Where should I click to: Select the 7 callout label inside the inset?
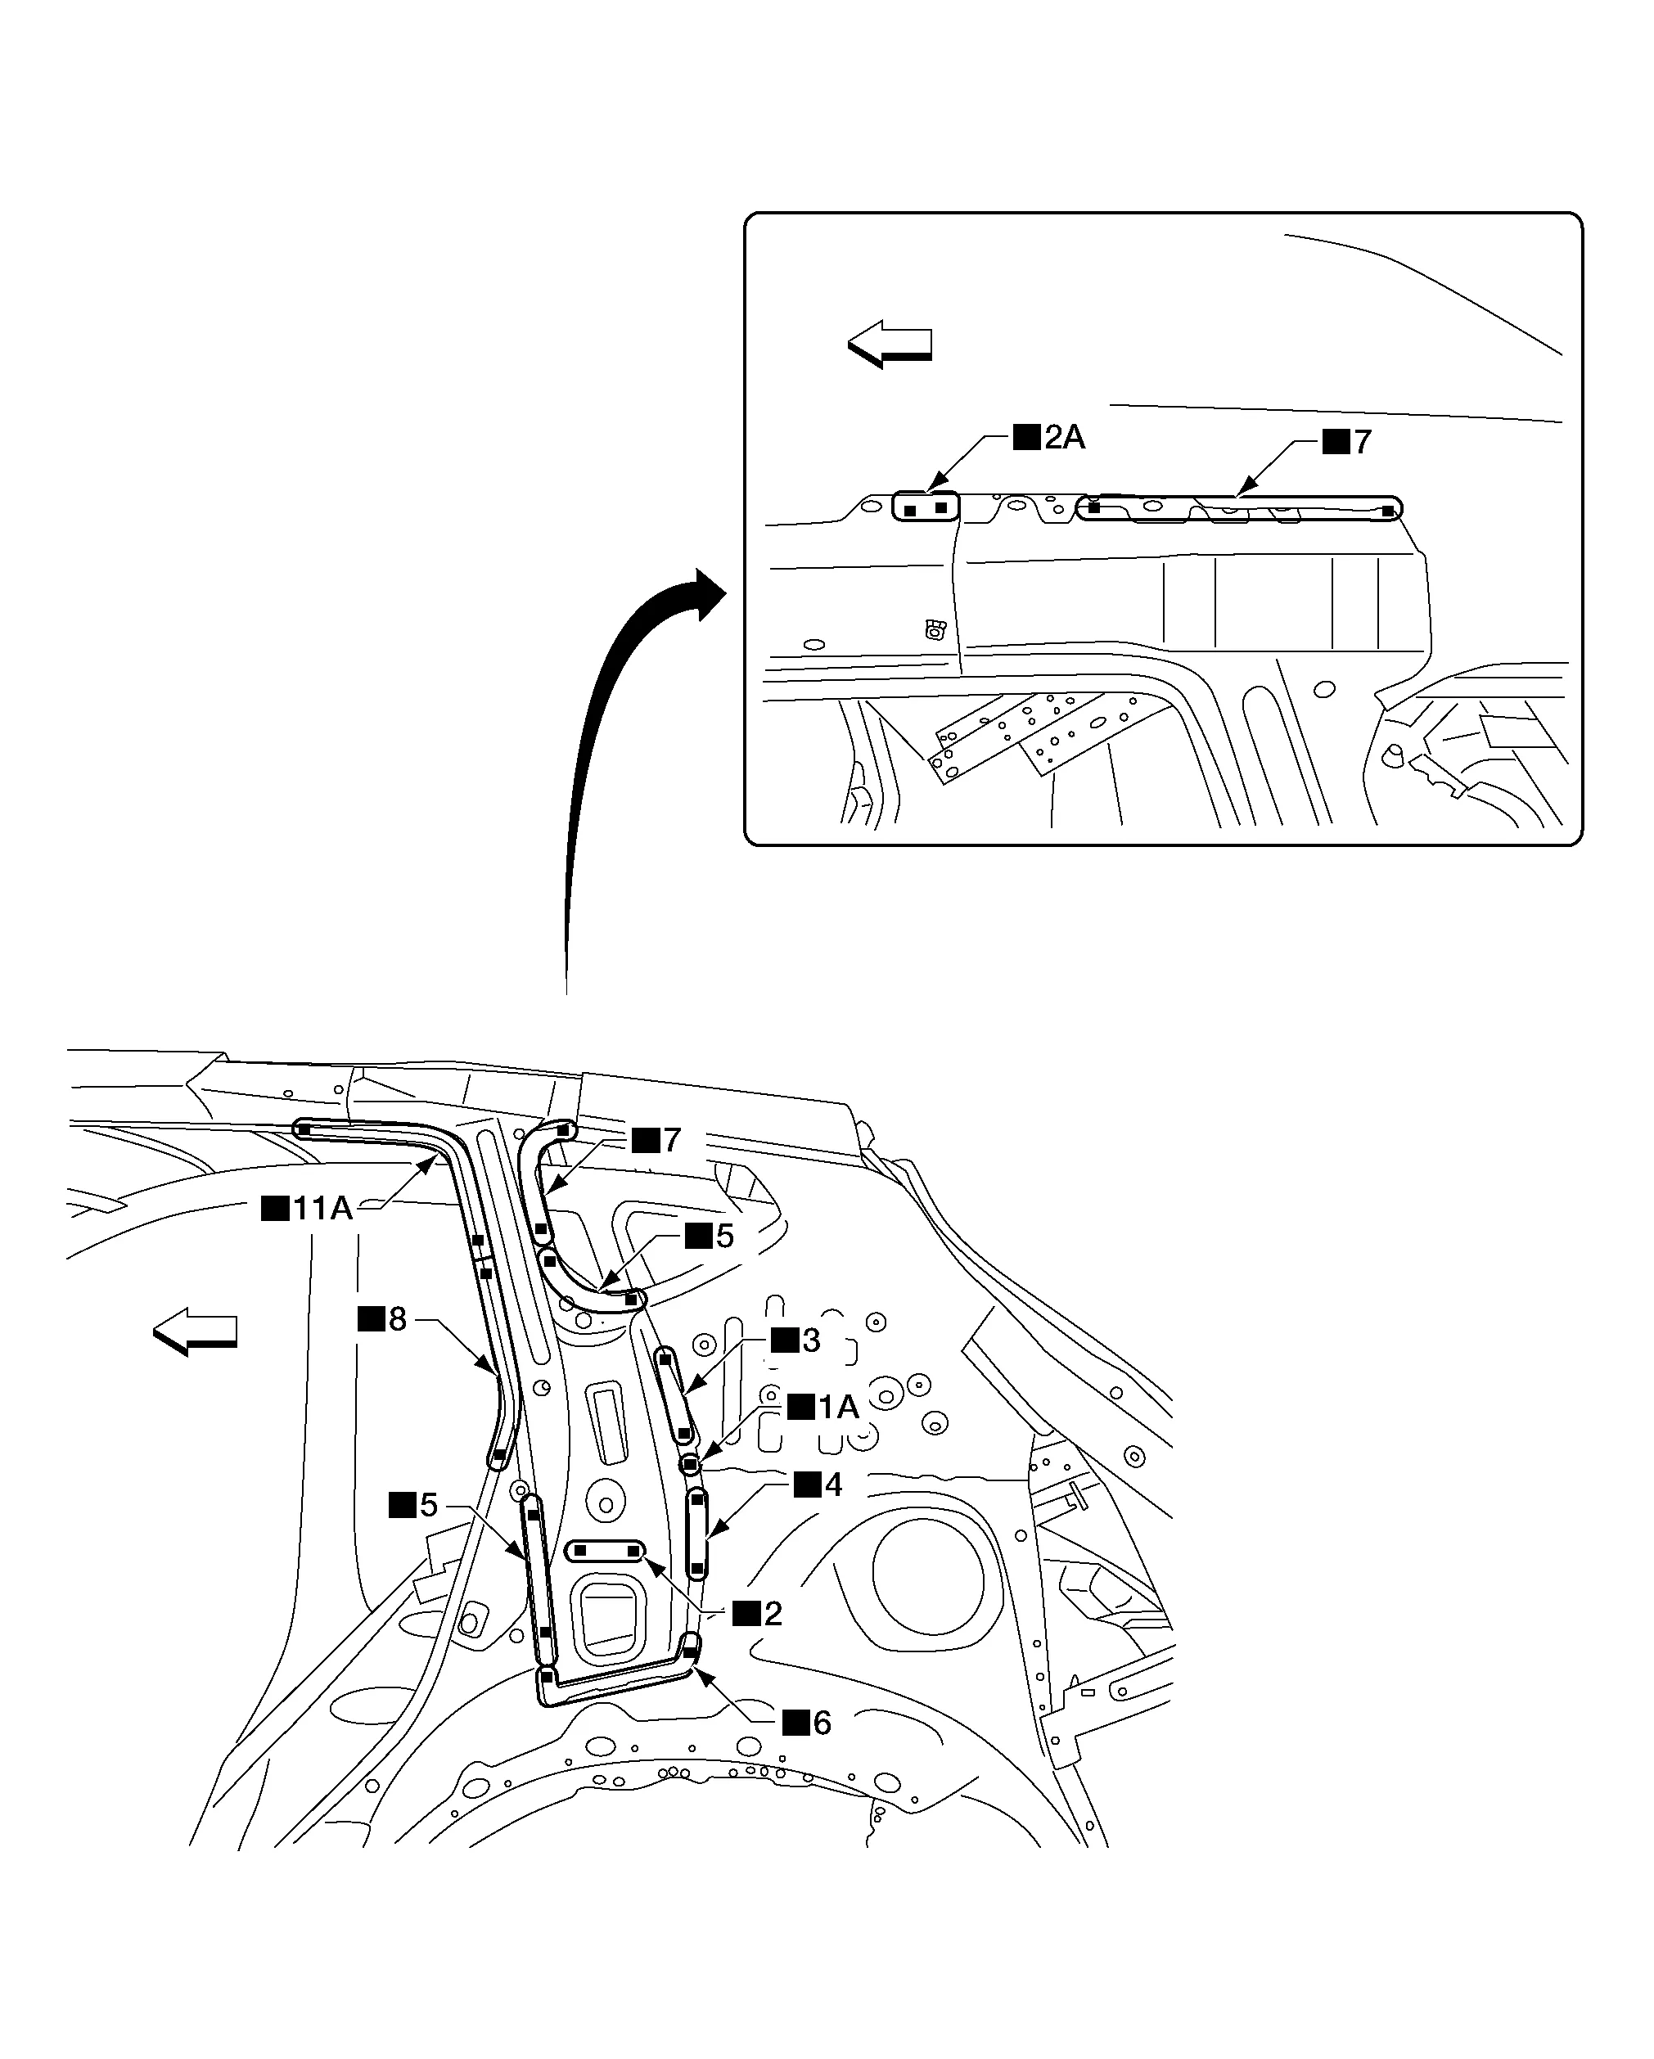pos(1349,441)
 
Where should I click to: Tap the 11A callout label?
pos(308,1208)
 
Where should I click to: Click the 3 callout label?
pos(796,1340)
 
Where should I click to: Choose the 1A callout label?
pos(823,1407)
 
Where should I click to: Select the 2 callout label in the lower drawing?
pos(758,1613)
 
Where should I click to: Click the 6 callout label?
pos(808,1722)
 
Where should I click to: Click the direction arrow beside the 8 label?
pos(196,1331)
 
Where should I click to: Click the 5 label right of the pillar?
pos(710,1236)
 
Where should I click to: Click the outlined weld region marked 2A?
pos(926,507)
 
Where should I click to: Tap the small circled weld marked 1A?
pos(689,1464)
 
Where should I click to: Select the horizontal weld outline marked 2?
pos(606,1551)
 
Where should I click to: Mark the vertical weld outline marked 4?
pos(698,1533)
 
